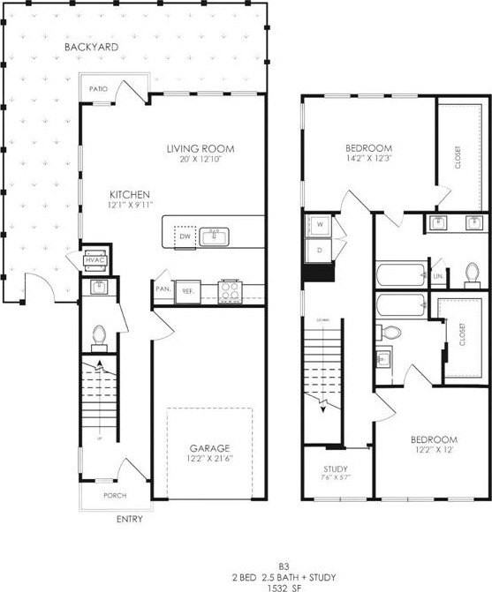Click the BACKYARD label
pos(92,46)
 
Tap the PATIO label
pos(99,89)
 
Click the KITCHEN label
pos(130,194)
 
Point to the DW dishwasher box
pos(185,237)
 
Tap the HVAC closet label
pos(95,259)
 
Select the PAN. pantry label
pos(163,289)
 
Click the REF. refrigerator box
pos(188,289)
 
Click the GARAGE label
pos(208,447)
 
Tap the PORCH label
pos(115,496)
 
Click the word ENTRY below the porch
pos(129,519)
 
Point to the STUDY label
pos(335,468)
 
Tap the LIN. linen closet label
pos(438,276)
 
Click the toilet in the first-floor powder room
pos(100,335)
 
